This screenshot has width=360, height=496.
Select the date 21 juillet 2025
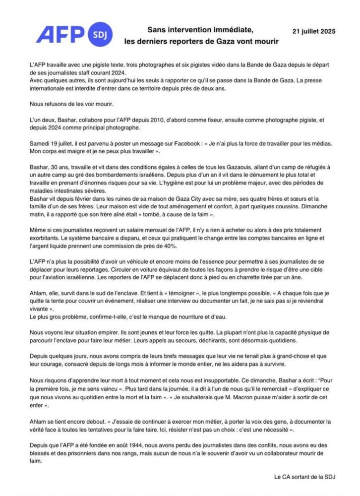click(311, 31)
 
